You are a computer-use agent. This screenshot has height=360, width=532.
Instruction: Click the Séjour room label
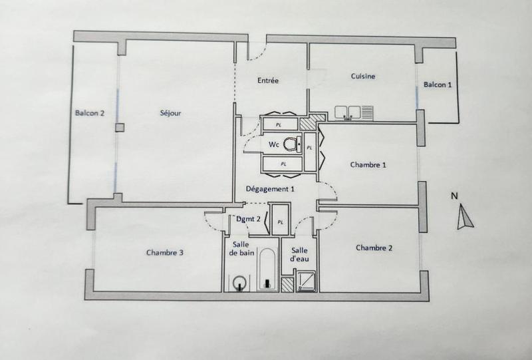tap(171, 113)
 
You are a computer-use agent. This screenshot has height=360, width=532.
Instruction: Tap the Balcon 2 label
tap(90, 113)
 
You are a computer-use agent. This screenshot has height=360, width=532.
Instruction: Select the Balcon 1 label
tap(438, 85)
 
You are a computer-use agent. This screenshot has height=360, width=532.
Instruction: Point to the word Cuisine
tap(363, 77)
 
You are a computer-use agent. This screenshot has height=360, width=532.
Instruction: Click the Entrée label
tap(268, 81)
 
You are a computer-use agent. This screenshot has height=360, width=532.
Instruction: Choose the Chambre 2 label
tap(374, 248)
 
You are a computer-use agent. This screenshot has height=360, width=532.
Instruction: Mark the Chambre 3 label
tap(165, 253)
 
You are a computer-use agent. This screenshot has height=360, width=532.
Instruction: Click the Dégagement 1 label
tap(270, 189)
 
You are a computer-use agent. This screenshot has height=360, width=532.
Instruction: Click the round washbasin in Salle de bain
tap(239, 285)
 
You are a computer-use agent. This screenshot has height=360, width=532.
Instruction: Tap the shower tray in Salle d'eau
tap(307, 282)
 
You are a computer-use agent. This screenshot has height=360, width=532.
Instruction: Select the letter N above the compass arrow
tap(454, 196)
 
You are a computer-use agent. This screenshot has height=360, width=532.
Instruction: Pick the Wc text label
tap(273, 144)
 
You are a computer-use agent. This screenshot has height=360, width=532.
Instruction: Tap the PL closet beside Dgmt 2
tap(281, 222)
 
